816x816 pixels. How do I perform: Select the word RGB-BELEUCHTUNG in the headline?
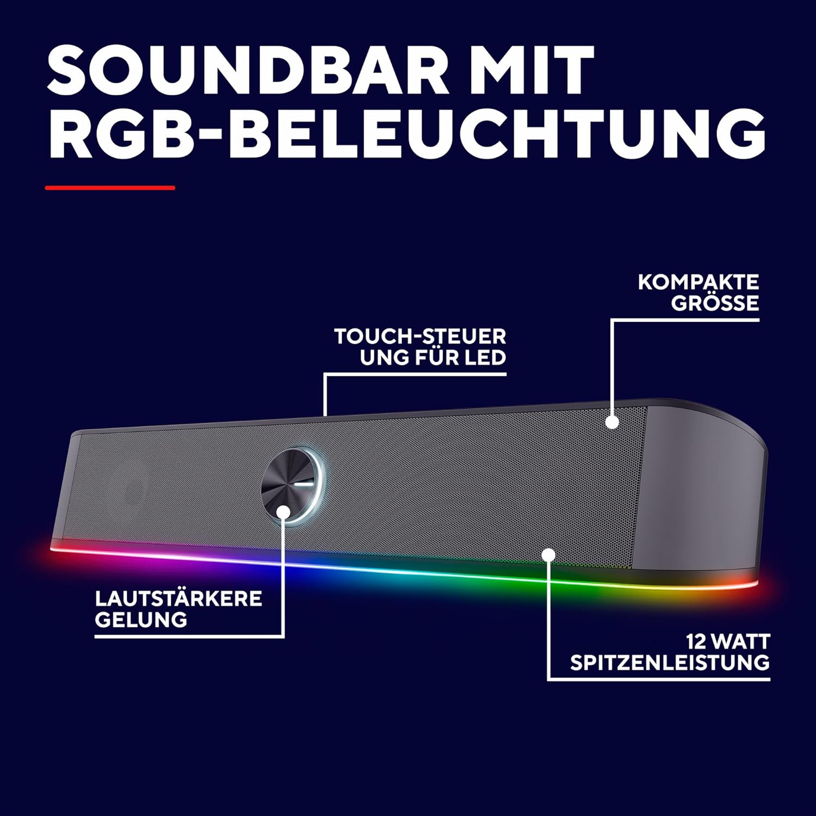point(407,133)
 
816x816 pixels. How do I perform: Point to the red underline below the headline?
point(110,188)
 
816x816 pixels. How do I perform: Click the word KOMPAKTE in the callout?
point(698,282)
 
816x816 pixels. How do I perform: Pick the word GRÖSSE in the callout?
point(715,302)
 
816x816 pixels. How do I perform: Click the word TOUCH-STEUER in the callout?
point(420,336)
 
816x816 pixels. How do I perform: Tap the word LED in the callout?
point(486,357)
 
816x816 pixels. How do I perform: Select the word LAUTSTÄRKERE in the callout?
point(178,598)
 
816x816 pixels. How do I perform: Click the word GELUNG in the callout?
point(141,620)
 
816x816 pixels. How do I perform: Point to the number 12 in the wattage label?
point(696,641)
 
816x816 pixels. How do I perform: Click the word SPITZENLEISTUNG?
point(670,663)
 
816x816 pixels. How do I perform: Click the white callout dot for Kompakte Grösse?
point(613,422)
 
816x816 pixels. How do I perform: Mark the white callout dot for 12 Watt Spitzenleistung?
point(548,554)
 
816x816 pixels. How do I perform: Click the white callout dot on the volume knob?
point(283,511)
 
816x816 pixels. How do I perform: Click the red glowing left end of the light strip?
point(60,549)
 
